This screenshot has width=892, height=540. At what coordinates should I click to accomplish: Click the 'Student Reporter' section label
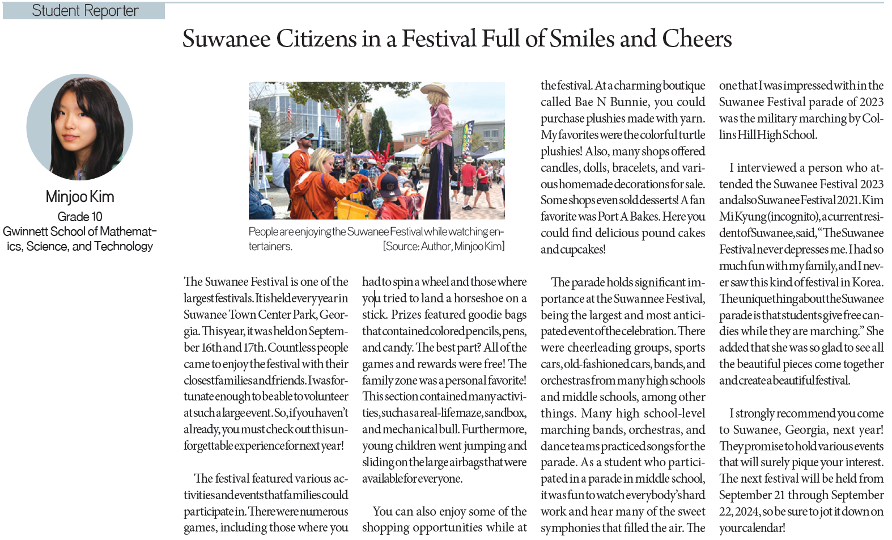click(x=85, y=11)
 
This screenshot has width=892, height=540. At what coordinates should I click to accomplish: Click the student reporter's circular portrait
click(x=80, y=127)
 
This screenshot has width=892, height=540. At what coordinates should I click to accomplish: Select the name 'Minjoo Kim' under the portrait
click(x=80, y=197)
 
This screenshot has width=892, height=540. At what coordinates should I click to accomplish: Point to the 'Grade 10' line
click(x=80, y=217)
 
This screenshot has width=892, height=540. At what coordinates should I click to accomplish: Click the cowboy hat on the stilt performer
click(x=435, y=91)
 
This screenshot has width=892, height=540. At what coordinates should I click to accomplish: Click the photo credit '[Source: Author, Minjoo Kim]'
click(x=443, y=247)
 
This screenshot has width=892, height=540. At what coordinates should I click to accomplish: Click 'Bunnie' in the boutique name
click(x=630, y=102)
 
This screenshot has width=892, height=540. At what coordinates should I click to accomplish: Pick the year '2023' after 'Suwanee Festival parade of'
click(x=870, y=102)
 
